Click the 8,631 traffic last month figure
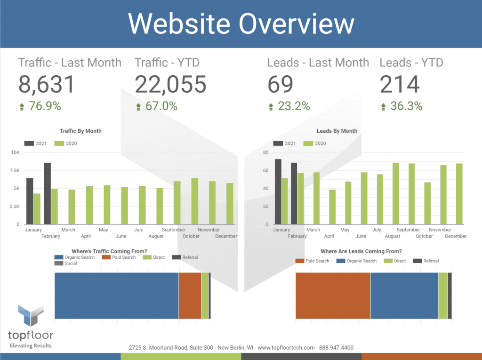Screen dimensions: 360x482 (47, 84)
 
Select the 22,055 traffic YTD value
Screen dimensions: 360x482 (170, 84)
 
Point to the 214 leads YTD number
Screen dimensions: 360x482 (400, 84)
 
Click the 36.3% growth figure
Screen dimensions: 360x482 (401, 106)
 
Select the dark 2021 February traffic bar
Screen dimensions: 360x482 (47, 193)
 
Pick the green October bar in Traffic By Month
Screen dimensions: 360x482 (194, 201)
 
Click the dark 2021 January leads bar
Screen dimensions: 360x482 (278, 192)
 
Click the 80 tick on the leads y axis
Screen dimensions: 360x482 (265, 152)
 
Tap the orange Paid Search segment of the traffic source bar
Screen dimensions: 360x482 (190, 296)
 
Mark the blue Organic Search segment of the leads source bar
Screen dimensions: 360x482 (404, 296)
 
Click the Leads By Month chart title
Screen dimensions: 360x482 (337, 131)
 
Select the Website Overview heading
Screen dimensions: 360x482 (241, 24)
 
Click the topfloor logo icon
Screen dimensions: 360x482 (31, 316)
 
